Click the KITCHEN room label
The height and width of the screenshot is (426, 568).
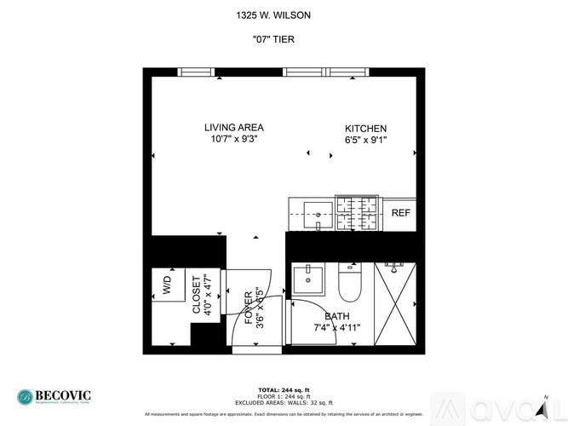click(x=365, y=128)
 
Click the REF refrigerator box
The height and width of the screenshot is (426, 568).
click(x=400, y=213)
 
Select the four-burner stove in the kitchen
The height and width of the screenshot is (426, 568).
click(x=359, y=213)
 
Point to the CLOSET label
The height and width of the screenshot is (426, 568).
click(x=197, y=295)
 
